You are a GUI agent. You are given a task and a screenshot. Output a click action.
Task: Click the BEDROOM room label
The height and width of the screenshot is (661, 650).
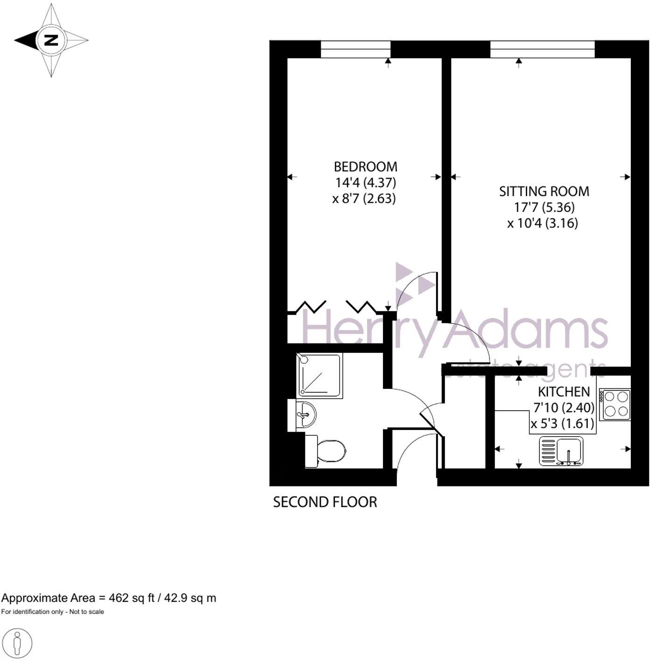(x=365, y=167)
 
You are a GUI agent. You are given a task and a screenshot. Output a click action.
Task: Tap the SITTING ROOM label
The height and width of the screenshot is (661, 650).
(x=544, y=191)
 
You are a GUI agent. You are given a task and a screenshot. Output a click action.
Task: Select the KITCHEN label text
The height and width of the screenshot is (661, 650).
(x=564, y=392)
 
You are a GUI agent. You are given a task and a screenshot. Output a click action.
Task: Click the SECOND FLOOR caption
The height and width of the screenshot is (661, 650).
(x=325, y=502)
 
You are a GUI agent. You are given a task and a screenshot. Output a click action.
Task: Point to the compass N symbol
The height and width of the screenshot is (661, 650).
(x=50, y=40)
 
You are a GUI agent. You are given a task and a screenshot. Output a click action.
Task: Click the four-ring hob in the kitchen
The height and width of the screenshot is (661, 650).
(x=616, y=404)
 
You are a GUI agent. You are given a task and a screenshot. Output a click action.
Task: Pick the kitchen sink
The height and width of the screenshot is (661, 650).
(x=561, y=451)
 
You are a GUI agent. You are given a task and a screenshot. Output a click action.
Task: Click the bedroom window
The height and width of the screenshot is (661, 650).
(x=355, y=49)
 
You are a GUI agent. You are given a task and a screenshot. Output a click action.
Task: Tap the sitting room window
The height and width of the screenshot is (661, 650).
(x=543, y=49)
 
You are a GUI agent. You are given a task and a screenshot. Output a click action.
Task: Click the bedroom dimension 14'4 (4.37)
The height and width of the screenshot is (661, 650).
(x=365, y=183)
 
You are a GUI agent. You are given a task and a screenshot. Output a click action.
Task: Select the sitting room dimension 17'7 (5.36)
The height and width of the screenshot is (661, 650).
(x=544, y=207)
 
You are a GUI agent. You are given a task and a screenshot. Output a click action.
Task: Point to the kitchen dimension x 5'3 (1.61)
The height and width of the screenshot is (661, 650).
(x=562, y=424)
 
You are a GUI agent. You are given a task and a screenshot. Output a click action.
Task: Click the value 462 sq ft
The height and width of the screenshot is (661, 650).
(x=131, y=598)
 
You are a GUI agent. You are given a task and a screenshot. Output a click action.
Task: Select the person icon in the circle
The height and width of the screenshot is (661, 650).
(x=17, y=643)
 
